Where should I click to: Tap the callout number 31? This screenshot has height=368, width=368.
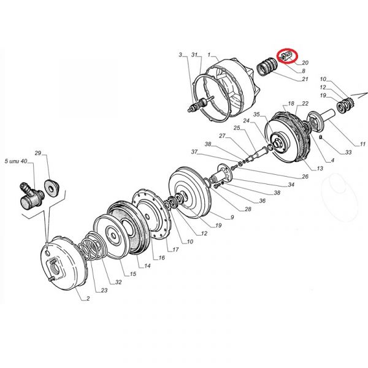(x=194, y=55)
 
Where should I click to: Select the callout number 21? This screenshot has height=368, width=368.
(x=305, y=79)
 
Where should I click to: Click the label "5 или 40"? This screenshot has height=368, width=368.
(x=16, y=161)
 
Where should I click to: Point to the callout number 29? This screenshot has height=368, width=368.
(x=38, y=153)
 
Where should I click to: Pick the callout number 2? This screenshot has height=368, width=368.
(x=88, y=298)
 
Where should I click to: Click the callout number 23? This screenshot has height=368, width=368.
(x=104, y=290)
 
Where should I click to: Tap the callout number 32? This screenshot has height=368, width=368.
(x=118, y=282)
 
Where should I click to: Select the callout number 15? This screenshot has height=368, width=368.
(x=133, y=274)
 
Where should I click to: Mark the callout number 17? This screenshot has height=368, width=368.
(x=175, y=250)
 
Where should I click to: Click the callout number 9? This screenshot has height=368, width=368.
(x=232, y=217)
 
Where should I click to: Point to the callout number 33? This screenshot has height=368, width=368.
(x=348, y=152)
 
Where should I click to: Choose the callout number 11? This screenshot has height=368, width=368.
(x=362, y=144)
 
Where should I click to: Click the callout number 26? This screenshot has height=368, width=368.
(x=305, y=176)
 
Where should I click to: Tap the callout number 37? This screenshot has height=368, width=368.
(x=194, y=152)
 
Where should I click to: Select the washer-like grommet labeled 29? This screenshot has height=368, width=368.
(x=52, y=188)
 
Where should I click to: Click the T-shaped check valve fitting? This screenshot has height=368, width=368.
(x=31, y=197)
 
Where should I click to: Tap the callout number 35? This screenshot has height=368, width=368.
(x=256, y=114)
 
